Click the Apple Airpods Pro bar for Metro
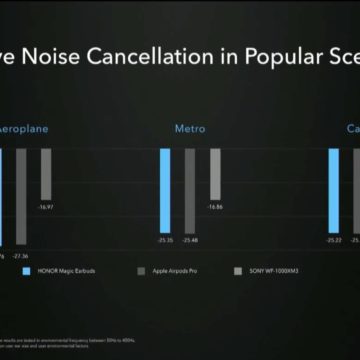(x=190, y=192)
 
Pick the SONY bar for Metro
(x=215, y=173)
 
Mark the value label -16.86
(x=215, y=207)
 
